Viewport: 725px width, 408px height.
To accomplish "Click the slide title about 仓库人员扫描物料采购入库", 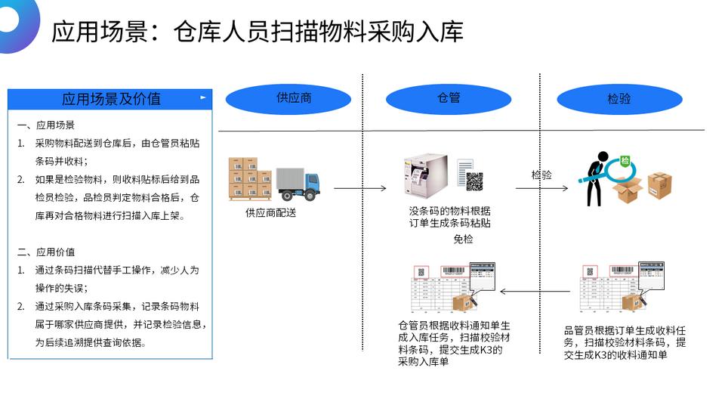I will [x=257, y=32].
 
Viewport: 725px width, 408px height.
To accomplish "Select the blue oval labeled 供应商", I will [x=288, y=99].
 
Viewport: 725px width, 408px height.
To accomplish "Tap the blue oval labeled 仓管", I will [x=449, y=99].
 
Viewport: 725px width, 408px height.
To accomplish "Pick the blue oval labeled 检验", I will [x=619, y=99].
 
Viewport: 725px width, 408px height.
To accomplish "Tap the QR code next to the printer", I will [x=474, y=181].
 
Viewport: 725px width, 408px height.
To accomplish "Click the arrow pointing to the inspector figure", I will [x=545, y=187].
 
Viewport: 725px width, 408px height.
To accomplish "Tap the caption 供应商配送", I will [x=270, y=213].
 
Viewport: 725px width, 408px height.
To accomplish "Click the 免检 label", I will [x=463, y=240].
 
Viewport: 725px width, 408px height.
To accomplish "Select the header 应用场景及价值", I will [x=111, y=99].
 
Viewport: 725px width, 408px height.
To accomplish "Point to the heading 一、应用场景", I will [x=45, y=125].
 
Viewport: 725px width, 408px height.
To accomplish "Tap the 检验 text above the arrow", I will [x=541, y=175].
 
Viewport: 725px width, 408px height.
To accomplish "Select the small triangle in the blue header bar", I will [x=202, y=97].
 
